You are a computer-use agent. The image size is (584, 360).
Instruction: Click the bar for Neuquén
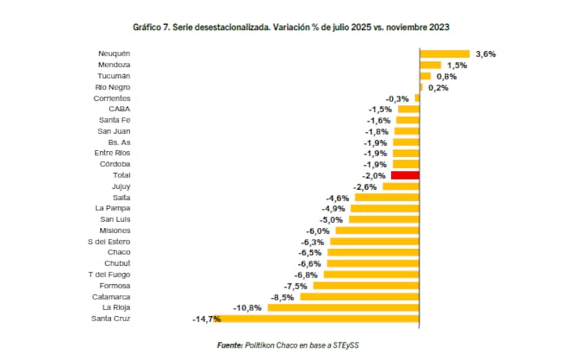click(x=444, y=53)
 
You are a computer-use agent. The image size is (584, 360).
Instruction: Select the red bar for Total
click(x=405, y=175)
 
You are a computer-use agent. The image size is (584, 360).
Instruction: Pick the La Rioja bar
click(x=343, y=307)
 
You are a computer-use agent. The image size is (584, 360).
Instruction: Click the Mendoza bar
click(x=430, y=65)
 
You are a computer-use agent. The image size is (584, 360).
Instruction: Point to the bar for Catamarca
click(x=360, y=296)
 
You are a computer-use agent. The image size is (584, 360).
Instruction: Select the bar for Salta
click(x=387, y=197)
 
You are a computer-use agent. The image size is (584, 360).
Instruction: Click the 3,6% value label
click(x=485, y=54)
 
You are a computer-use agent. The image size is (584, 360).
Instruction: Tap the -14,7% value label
click(x=207, y=319)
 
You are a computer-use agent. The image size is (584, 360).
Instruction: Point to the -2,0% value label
click(x=374, y=176)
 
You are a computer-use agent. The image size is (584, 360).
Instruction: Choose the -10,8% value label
click(x=248, y=308)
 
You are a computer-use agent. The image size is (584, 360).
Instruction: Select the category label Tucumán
click(x=115, y=76)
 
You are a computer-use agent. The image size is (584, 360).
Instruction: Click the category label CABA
click(x=119, y=109)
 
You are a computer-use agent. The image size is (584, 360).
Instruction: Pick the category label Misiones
click(x=115, y=230)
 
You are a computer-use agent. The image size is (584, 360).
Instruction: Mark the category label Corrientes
click(x=112, y=98)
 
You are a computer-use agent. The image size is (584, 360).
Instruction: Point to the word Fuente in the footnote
click(x=230, y=344)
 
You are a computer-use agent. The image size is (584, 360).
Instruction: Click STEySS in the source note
click(x=353, y=344)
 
